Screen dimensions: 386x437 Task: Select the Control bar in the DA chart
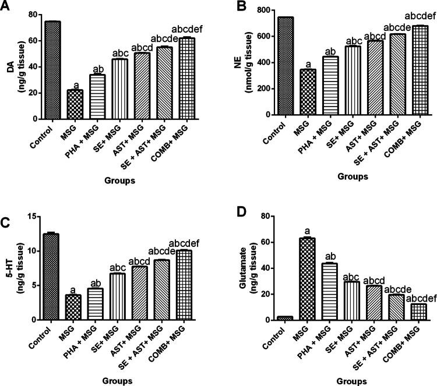click(x=52, y=70)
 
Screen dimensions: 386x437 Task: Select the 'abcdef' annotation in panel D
click(x=408, y=299)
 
